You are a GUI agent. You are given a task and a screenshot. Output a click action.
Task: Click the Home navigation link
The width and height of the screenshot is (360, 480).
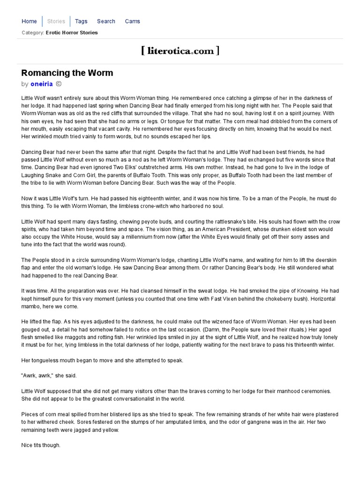(x=29, y=21)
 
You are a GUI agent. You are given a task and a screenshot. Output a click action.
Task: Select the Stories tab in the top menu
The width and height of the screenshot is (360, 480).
(x=56, y=21)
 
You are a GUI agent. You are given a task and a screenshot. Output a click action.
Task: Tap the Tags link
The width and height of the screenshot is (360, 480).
(x=81, y=21)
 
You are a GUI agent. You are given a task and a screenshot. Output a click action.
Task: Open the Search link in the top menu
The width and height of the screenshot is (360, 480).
(x=106, y=21)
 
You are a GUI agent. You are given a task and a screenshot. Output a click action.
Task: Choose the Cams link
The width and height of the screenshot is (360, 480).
(x=132, y=21)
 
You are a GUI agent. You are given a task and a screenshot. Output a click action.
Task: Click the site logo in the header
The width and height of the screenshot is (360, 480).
(x=180, y=51)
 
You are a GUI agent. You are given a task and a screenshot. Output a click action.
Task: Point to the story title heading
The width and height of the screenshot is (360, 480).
(x=67, y=73)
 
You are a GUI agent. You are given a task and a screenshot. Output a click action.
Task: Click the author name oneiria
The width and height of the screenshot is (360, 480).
(x=42, y=84)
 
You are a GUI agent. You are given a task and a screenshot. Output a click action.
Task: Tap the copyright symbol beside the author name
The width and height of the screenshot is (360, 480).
(x=59, y=84)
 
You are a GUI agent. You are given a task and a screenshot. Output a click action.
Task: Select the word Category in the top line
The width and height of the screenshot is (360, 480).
(x=32, y=33)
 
